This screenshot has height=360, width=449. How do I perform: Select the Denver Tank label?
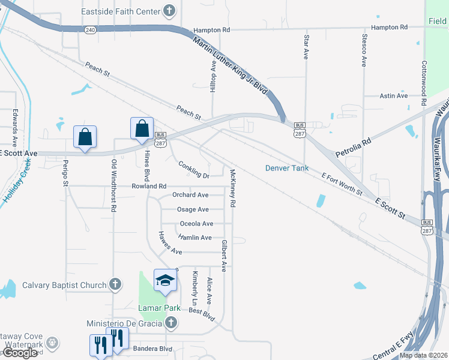coord(287,168)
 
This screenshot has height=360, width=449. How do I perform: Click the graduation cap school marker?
coord(166,280)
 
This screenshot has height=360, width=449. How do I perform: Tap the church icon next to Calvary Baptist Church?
coord(116,285)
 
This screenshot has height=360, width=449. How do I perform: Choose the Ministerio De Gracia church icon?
coord(170,323)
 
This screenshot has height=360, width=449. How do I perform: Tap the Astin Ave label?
coord(394,95)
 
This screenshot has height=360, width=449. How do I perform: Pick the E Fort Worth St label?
coord(342,184)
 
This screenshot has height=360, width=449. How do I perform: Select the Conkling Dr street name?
coord(193,170)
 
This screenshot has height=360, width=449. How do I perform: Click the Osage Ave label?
coord(193,209)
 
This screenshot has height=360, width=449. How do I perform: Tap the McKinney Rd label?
coord(232,188)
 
